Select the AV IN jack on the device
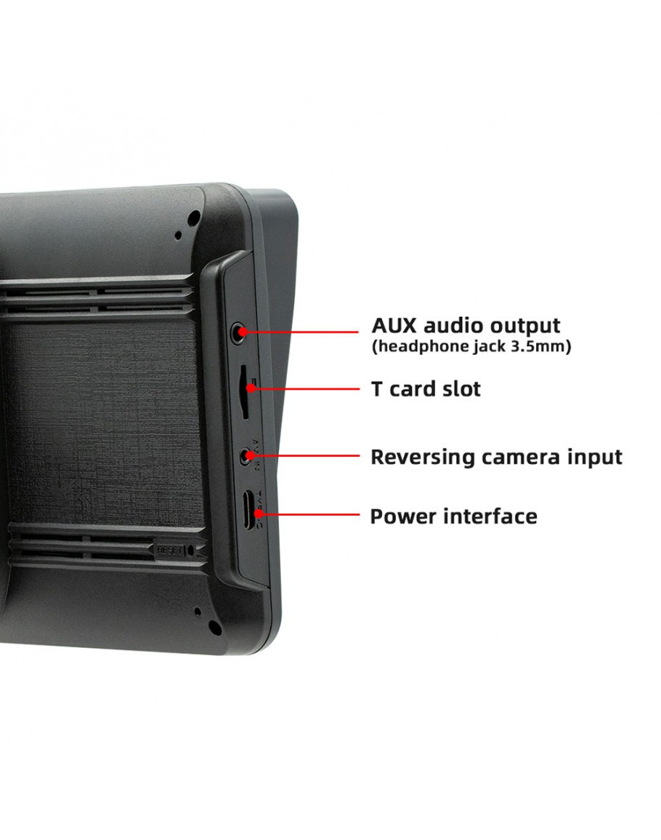click(247, 457)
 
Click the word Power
click(402, 516)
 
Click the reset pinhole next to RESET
click(191, 551)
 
